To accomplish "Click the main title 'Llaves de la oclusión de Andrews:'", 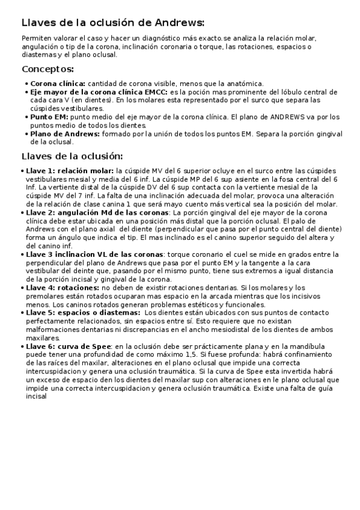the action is pos(113,23).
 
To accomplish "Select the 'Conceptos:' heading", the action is pos(48,69).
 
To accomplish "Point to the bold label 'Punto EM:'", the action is pos(50,117).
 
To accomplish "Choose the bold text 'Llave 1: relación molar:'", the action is pos(70,171).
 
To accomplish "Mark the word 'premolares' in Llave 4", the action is pos(45,296).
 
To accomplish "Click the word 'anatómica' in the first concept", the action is pos(245,84).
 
